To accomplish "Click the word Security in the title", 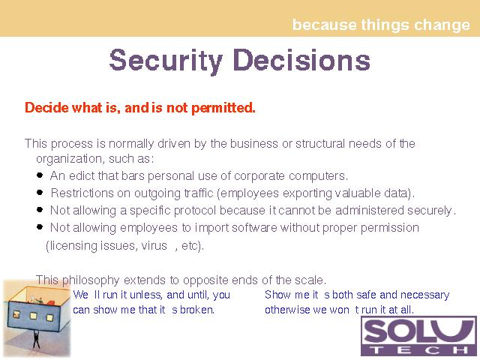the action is (x=166, y=61).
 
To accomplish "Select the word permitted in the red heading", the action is (x=223, y=108).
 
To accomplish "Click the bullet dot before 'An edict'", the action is (x=40, y=175).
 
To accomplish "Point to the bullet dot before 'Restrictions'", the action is (x=40, y=192).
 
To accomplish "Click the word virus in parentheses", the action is (x=154, y=245).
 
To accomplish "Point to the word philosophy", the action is (x=91, y=280).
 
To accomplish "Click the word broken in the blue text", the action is (x=196, y=310).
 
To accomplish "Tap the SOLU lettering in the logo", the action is (x=418, y=331).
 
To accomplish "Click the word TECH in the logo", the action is (x=418, y=350).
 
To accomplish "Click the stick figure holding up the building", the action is (x=36, y=339).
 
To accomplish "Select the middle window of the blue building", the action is (x=33, y=316).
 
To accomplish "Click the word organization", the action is (x=69, y=159).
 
